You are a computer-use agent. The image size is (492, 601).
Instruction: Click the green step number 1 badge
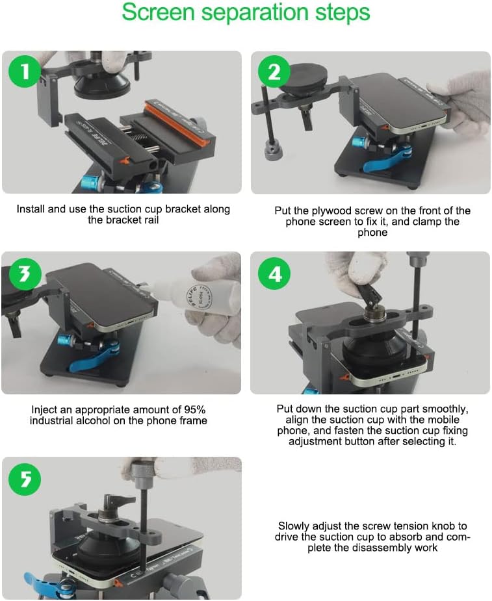coord(25,71)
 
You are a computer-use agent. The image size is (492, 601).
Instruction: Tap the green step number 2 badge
coord(274,71)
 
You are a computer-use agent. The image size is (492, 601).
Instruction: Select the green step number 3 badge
coord(25,274)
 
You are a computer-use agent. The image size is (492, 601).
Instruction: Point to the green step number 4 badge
coord(274,274)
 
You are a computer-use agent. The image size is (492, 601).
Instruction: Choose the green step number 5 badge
coord(25,479)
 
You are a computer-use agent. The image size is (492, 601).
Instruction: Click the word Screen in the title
coord(159,12)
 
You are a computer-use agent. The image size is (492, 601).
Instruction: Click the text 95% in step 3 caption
coord(195,409)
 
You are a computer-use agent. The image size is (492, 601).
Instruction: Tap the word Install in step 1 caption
coord(31,209)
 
